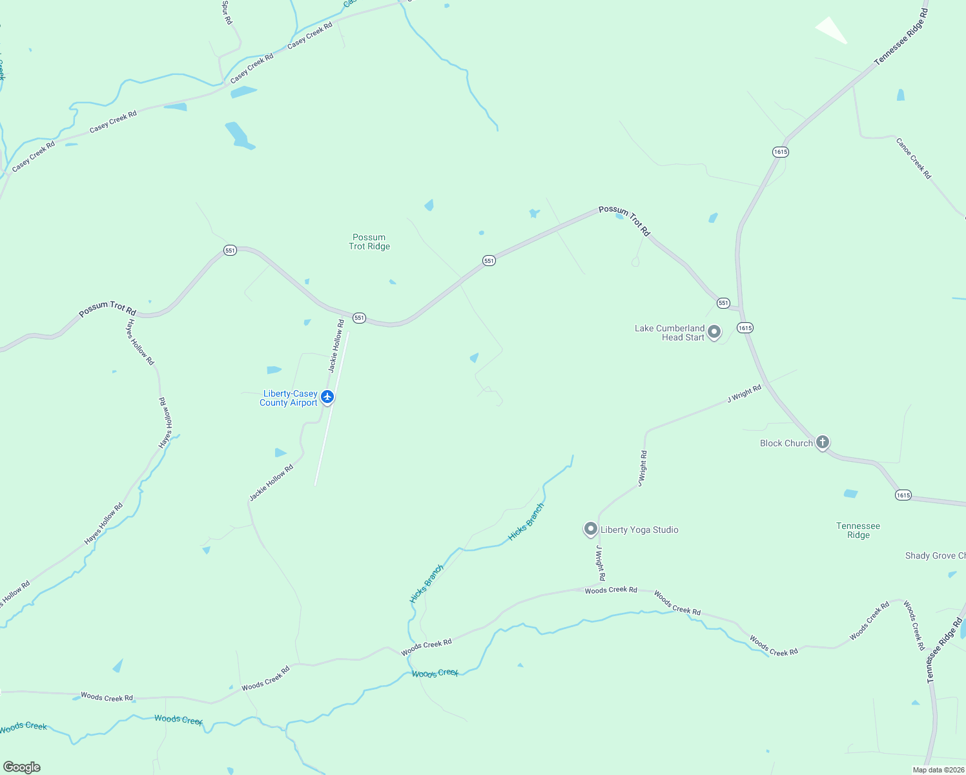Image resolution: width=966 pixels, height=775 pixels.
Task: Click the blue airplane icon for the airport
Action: pyautogui.click(x=327, y=397)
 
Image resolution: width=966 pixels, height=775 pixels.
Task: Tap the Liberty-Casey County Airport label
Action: pyautogui.click(x=289, y=398)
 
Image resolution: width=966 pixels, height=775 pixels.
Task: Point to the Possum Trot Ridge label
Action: pyautogui.click(x=369, y=242)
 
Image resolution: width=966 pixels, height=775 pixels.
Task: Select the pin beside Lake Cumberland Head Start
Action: pyautogui.click(x=714, y=332)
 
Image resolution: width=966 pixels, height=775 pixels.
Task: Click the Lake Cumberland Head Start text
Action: pyautogui.click(x=670, y=333)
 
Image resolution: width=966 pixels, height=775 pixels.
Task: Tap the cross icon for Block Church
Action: pyautogui.click(x=822, y=442)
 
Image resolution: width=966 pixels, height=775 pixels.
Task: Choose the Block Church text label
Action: pyautogui.click(x=786, y=443)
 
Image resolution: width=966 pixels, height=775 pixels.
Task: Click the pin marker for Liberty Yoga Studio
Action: pyautogui.click(x=590, y=529)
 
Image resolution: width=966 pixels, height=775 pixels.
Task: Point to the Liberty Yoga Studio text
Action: pyautogui.click(x=639, y=530)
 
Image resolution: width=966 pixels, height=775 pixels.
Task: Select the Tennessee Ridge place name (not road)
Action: pyautogui.click(x=858, y=530)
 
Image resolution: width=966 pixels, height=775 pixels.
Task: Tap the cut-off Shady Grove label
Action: pyautogui.click(x=935, y=555)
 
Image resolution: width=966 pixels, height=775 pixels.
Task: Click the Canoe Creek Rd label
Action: pyautogui.click(x=914, y=158)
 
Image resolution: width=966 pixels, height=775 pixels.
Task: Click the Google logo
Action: pyautogui.click(x=22, y=767)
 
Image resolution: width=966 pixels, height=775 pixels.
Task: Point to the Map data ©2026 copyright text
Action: pyautogui.click(x=938, y=769)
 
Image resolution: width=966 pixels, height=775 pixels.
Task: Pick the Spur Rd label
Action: pyautogui.click(x=227, y=12)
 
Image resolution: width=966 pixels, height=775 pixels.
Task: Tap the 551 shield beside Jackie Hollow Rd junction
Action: pyautogui.click(x=359, y=318)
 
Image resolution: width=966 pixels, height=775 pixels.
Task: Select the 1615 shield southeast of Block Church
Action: pyautogui.click(x=903, y=495)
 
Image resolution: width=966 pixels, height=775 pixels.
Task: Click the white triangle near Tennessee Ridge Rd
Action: pyautogui.click(x=832, y=30)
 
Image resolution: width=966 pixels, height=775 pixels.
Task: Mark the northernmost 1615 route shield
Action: pyautogui.click(x=781, y=152)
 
